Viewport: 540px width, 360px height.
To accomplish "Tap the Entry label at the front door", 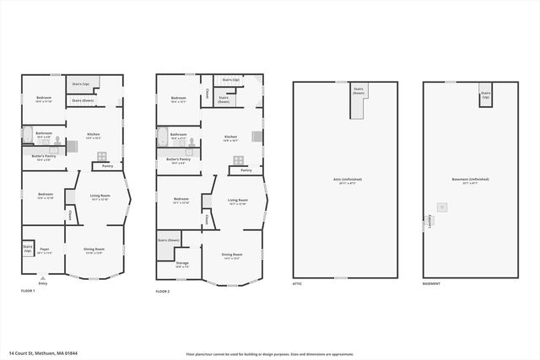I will click(43, 283).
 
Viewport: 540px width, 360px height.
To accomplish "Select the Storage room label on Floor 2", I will click(182, 264).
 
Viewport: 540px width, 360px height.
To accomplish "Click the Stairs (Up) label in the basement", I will click(485, 95).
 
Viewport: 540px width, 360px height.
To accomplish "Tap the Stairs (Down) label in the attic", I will click(358, 91).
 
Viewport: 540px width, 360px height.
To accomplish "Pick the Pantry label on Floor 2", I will click(246, 170).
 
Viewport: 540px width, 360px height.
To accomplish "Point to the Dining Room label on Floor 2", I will click(233, 255).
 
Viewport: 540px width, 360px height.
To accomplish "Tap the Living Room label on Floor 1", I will click(100, 197).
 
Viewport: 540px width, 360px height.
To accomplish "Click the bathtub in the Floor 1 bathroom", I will click(27, 134).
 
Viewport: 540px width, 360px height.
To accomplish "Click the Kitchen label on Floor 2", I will click(230, 138).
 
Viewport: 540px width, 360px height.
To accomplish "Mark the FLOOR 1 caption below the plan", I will click(28, 291).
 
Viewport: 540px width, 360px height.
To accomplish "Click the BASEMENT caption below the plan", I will click(432, 284).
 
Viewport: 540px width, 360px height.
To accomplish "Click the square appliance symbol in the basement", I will click(440, 207).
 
